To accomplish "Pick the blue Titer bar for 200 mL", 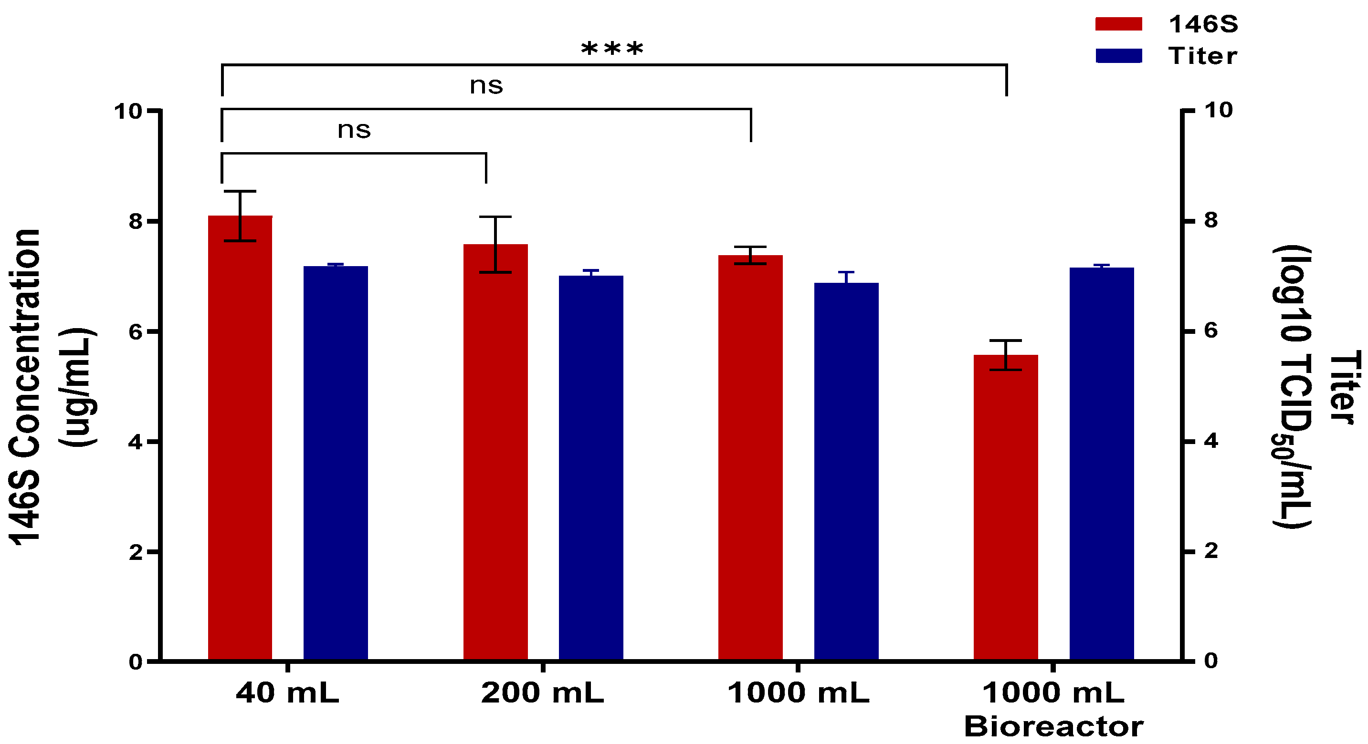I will (x=591, y=467).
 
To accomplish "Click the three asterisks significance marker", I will (x=612, y=49).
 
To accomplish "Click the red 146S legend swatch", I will (x=1118, y=24).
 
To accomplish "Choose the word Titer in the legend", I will (x=1202, y=56).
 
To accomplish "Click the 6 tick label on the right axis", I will (x=1211, y=331).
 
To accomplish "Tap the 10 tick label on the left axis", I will (x=128, y=112).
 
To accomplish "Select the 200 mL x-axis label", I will (x=542, y=693).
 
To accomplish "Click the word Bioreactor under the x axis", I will (x=1053, y=726).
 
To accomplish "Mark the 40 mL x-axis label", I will (x=287, y=693).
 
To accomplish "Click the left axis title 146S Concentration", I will (x=25, y=387).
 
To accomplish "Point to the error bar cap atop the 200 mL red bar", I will (x=495, y=217).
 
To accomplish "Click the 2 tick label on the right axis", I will (x=1211, y=551).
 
